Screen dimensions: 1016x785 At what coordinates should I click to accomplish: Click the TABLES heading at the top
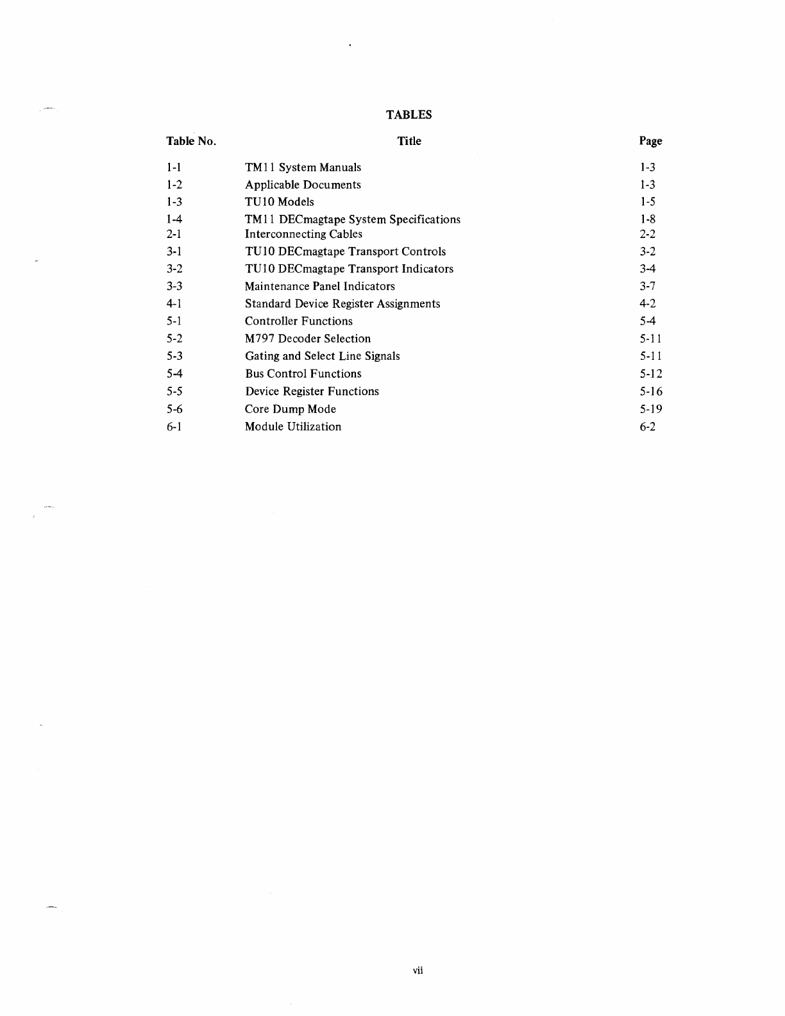[409, 115]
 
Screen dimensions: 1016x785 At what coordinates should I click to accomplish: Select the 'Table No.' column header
[191, 141]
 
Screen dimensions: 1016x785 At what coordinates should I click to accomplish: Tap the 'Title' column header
[409, 141]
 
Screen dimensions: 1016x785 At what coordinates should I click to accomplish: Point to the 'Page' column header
[650, 141]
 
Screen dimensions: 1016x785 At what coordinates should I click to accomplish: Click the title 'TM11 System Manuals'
[303, 167]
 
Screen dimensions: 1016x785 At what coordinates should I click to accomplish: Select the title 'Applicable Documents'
[303, 185]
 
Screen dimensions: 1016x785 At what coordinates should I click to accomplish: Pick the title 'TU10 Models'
[280, 201]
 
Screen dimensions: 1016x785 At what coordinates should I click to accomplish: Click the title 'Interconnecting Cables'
[303, 234]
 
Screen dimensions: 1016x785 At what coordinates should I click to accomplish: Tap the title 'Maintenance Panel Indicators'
[319, 286]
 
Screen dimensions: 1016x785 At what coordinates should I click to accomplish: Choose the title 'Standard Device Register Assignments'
[342, 303]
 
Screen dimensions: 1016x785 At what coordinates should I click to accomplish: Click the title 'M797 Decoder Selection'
[308, 339]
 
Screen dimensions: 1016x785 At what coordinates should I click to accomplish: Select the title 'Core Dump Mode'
[291, 409]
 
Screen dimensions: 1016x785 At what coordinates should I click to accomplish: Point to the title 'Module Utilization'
[293, 427]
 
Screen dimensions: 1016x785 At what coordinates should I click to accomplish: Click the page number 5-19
[651, 409]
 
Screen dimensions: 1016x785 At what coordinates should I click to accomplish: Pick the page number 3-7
[648, 286]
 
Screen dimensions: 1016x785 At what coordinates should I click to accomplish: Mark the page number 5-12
[651, 374]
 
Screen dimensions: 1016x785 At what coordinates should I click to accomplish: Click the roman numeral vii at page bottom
[418, 970]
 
